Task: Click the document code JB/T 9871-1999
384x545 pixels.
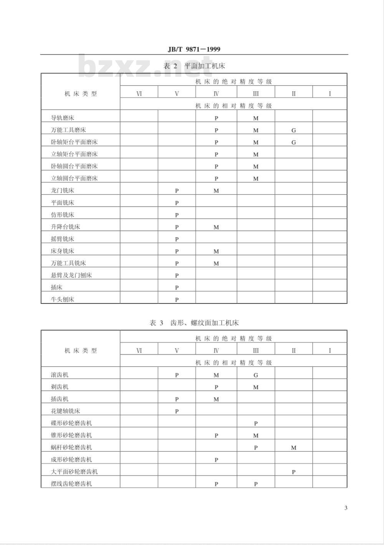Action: click(194, 49)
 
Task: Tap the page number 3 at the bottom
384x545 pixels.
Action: click(346, 508)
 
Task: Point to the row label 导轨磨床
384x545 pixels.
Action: click(63, 118)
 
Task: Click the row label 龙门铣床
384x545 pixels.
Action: click(63, 191)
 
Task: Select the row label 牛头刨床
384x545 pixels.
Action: click(63, 300)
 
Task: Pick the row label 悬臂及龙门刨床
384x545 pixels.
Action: click(71, 275)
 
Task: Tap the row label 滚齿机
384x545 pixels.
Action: click(60, 375)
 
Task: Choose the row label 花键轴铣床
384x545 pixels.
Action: click(66, 411)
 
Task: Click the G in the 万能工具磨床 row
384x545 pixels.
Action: click(294, 130)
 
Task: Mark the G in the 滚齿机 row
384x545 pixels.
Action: click(256, 375)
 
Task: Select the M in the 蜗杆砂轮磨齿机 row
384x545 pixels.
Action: click(294, 448)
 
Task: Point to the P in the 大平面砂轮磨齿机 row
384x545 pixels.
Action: click(294, 472)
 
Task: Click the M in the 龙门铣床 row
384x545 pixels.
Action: click(216, 191)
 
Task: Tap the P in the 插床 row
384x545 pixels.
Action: click(177, 288)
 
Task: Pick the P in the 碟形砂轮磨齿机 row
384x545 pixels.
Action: click(256, 424)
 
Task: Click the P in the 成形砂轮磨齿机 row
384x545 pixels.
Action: click(216, 460)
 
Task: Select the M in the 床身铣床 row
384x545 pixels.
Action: click(216, 252)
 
